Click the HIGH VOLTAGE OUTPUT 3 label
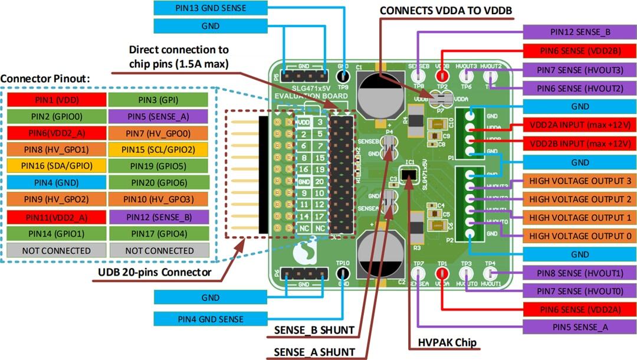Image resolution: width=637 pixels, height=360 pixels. click(x=580, y=181)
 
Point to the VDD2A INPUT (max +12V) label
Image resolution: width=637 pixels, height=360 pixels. click(x=580, y=125)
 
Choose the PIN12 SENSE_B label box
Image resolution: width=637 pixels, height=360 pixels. click(x=580, y=32)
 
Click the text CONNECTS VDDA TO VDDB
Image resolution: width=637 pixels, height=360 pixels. click(x=445, y=11)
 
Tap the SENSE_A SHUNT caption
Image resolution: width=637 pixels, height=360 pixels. click(x=314, y=352)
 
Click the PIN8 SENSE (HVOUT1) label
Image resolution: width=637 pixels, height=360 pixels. click(x=580, y=273)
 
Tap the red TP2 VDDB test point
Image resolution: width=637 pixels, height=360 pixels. click(x=442, y=76)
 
